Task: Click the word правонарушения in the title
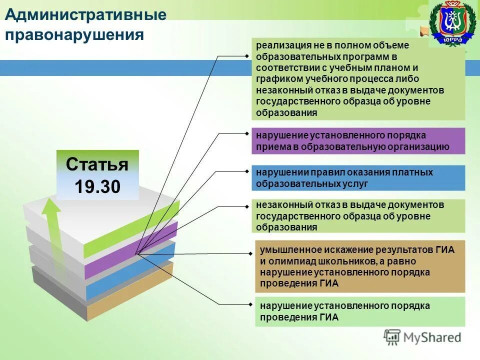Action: [x=74, y=35]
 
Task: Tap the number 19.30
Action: [x=97, y=186]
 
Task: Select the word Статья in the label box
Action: [x=97, y=164]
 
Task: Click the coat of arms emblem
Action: [x=452, y=24]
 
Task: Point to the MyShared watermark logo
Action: [x=422, y=337]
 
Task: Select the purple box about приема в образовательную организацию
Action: [x=358, y=141]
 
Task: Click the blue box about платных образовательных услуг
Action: [x=358, y=178]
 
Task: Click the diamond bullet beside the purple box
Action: [x=248, y=134]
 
